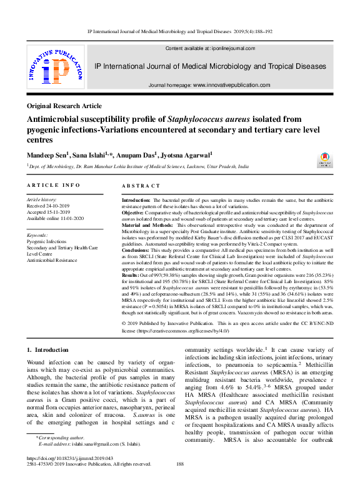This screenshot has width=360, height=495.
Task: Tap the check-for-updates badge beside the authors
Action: [x=324, y=159]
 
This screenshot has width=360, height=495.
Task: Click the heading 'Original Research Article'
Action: [x=65, y=106]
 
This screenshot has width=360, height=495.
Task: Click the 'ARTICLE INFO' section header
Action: [x=54, y=186]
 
